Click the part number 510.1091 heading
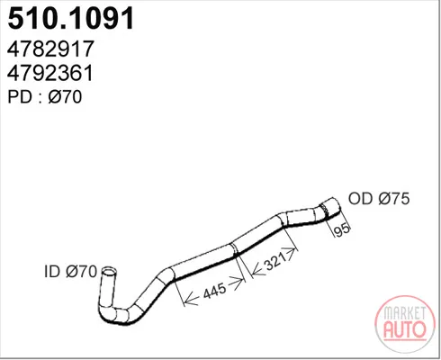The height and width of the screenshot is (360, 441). click(71, 18)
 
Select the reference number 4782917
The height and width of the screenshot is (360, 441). click(50, 49)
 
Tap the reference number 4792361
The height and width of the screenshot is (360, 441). click(50, 73)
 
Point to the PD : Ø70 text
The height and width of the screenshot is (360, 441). click(45, 97)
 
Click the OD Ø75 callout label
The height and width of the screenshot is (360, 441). click(379, 198)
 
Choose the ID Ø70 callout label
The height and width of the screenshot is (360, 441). click(71, 272)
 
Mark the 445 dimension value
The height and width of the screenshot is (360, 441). click(214, 291)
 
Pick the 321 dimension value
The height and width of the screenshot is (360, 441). click(273, 262)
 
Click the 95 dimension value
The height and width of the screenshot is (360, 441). click(342, 229)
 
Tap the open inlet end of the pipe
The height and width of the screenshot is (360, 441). click(109, 271)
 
